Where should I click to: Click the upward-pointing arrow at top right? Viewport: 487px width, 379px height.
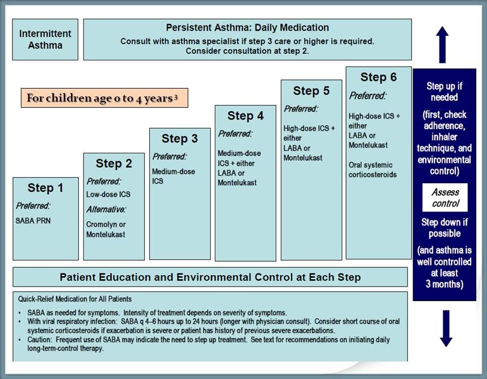pyautogui.click(x=442, y=44)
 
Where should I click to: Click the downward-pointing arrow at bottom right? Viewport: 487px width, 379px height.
pyautogui.click(x=446, y=328)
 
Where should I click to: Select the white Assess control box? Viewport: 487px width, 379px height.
pyautogui.click(x=445, y=198)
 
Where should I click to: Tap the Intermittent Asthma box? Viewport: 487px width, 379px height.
pyautogui.click(x=45, y=39)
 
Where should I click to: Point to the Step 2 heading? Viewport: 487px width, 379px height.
pyautogui.click(x=114, y=164)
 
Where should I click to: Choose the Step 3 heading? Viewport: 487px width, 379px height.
pyautogui.click(x=180, y=138)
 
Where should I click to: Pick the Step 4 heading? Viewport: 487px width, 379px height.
pyautogui.click(x=245, y=116)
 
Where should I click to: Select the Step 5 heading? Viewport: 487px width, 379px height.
pyautogui.click(x=311, y=91)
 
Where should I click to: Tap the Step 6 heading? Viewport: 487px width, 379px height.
pyautogui.click(x=378, y=77)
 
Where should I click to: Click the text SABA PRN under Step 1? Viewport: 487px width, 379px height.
pyautogui.click(x=33, y=221)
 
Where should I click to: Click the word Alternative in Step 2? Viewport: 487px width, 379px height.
pyautogui.click(x=106, y=209)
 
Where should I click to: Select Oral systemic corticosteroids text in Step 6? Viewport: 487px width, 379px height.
pyautogui.click(x=373, y=170)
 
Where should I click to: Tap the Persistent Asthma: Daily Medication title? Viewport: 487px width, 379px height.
pyautogui.click(x=247, y=28)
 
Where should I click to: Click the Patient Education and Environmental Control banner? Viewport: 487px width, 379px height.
pyautogui.click(x=210, y=277)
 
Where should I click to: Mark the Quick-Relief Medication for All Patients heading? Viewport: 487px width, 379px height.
pyautogui.click(x=75, y=299)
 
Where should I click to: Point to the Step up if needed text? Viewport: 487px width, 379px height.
pyautogui.click(x=445, y=91)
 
